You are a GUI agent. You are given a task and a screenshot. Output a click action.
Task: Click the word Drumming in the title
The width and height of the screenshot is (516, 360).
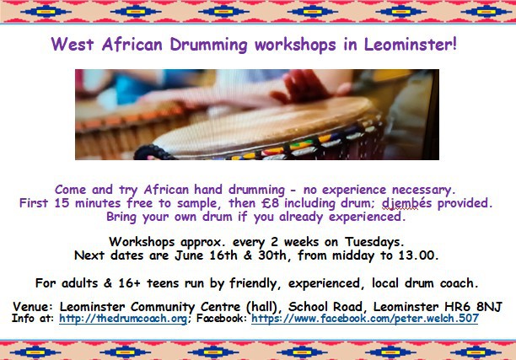[208, 45]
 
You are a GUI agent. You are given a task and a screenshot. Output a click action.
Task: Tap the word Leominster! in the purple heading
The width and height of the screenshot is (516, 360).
[411, 44]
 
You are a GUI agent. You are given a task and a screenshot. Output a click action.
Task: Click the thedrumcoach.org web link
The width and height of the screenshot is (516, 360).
[123, 319]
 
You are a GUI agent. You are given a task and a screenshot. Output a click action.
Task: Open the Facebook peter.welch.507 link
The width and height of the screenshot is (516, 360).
[364, 319]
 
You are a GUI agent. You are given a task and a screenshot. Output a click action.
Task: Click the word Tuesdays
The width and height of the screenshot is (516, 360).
[374, 242]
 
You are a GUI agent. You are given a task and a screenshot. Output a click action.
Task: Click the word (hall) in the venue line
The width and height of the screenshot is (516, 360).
[264, 307]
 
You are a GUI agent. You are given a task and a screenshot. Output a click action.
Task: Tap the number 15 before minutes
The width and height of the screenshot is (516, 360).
[62, 203]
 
